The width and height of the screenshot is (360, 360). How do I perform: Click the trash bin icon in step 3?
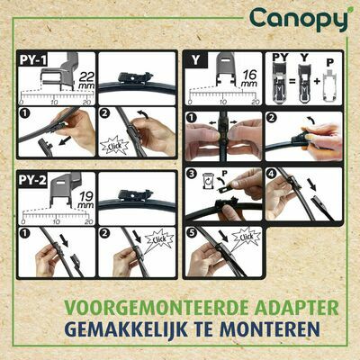click(211, 178)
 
